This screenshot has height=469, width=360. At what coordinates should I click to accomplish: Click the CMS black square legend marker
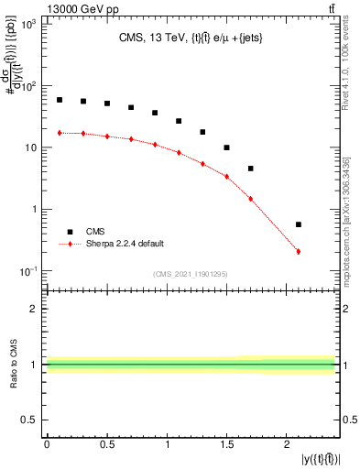click(x=66, y=232)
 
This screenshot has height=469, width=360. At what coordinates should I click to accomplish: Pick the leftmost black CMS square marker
click(x=60, y=100)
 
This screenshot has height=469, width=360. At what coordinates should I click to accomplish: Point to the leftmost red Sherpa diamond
click(x=60, y=133)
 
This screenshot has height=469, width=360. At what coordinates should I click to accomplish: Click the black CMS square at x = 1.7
click(x=250, y=169)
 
